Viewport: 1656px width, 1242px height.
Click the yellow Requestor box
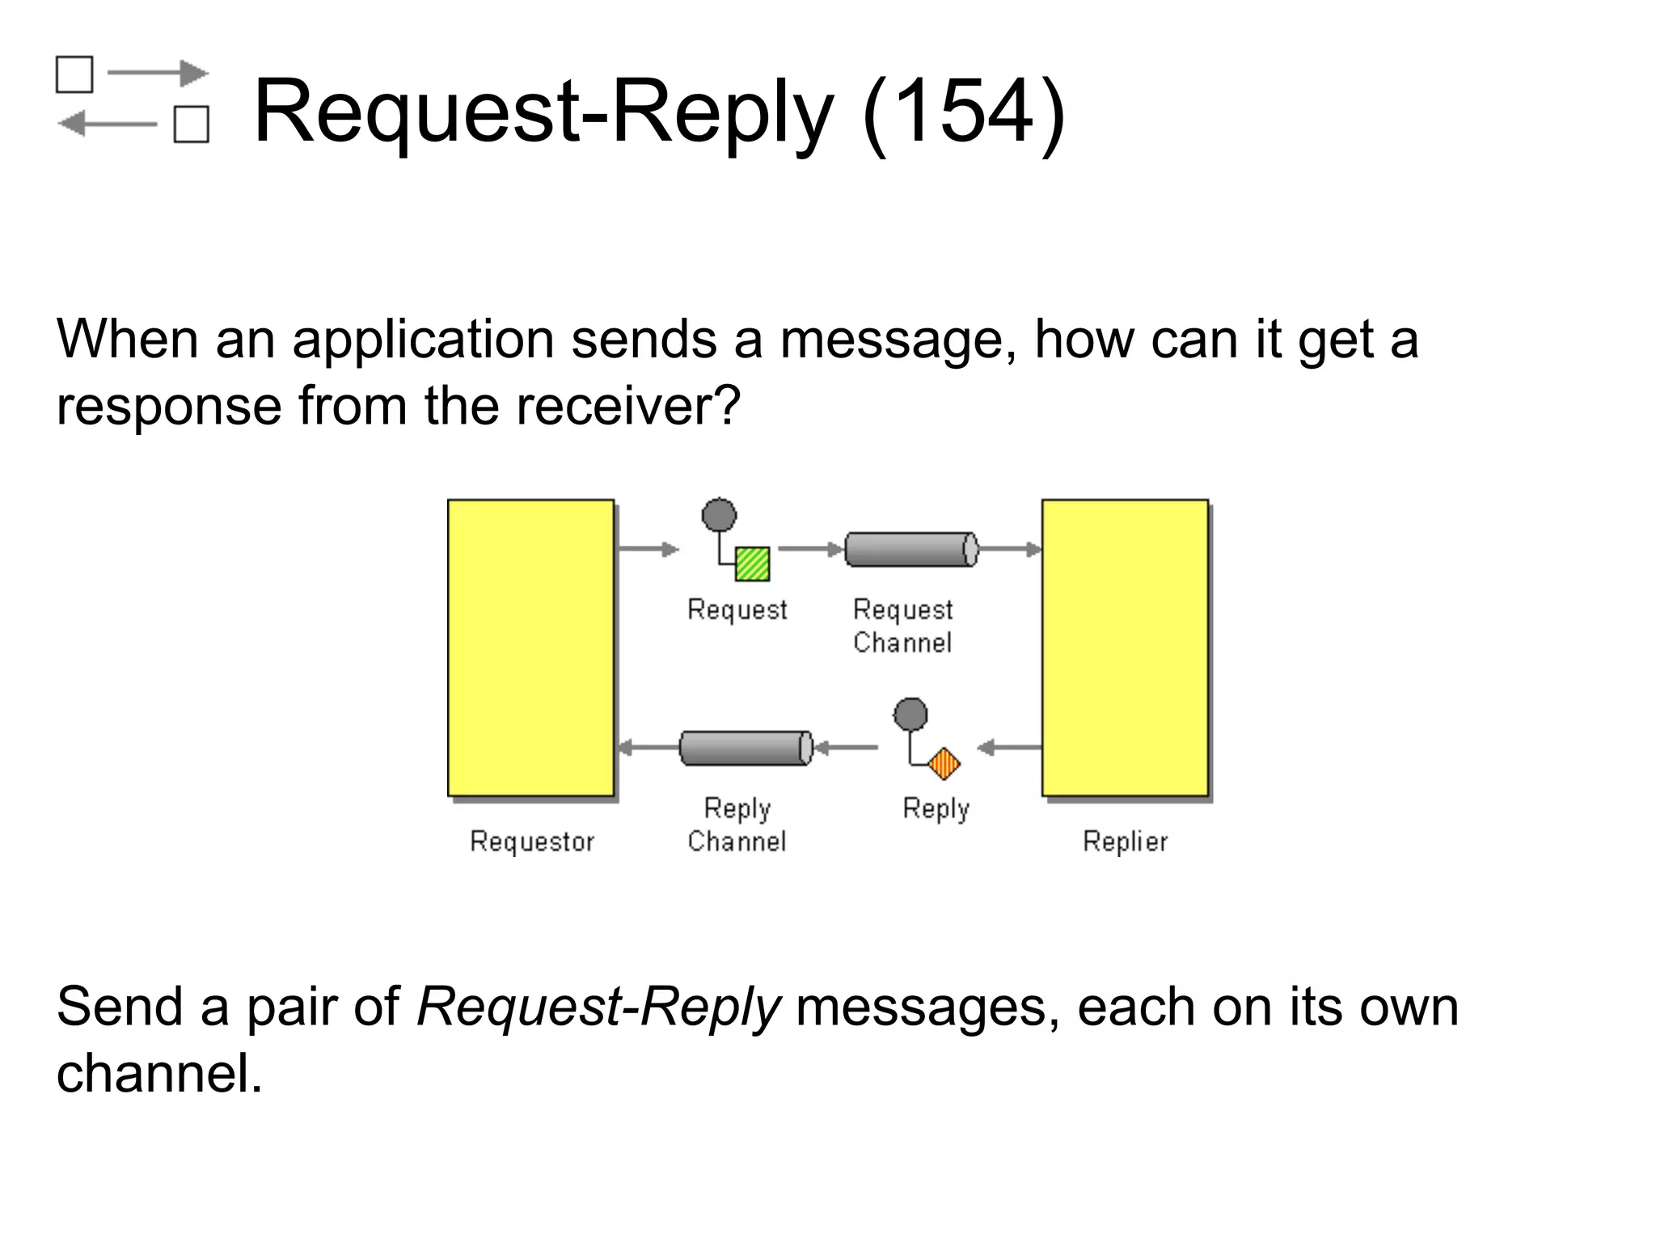(x=530, y=647)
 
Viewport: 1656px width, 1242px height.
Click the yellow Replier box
(x=1125, y=647)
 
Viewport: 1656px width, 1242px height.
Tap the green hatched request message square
(x=752, y=564)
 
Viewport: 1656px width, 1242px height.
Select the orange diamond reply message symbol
(x=944, y=763)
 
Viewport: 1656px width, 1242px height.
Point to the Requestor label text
(x=532, y=842)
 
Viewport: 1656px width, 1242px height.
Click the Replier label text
(x=1125, y=842)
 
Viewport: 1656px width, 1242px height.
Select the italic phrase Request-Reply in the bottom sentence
(x=598, y=1008)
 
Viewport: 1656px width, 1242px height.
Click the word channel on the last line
(x=158, y=1074)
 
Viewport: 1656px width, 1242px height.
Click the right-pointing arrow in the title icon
(x=158, y=74)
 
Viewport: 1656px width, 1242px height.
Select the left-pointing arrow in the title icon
(x=108, y=125)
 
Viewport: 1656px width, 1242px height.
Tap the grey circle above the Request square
(x=719, y=515)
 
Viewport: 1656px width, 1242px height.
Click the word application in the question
(x=422, y=339)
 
